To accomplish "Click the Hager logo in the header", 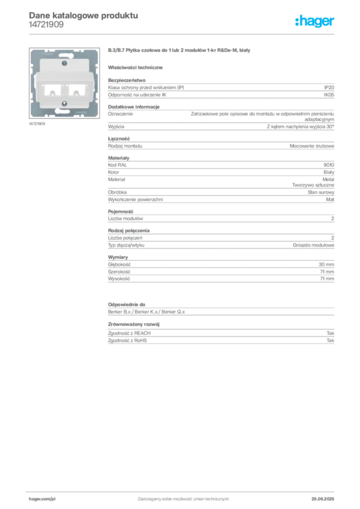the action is (x=315, y=21).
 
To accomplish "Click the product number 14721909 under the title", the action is (x=46, y=25).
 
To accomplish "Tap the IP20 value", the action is (x=329, y=87).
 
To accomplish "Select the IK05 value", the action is (x=329, y=95).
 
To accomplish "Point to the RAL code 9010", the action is (x=329, y=165).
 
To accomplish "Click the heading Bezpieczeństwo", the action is (x=127, y=80).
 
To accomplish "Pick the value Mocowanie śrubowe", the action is (x=312, y=146).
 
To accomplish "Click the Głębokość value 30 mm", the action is (x=326, y=264).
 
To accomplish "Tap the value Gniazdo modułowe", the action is (x=313, y=245).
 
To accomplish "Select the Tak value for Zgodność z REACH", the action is (x=330, y=334).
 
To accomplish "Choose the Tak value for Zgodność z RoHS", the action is (x=330, y=340).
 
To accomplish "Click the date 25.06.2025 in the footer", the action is (x=323, y=499).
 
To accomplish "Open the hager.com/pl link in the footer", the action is (x=42, y=499).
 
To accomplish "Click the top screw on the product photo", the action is (x=64, y=63).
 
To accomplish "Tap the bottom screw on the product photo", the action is (x=64, y=103).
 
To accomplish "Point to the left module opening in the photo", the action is (x=52, y=90).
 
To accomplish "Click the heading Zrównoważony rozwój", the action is (x=134, y=324).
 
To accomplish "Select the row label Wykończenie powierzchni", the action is (x=135, y=200).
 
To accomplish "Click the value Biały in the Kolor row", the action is (x=329, y=172).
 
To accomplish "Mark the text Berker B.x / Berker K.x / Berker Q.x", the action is (x=146, y=312).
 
